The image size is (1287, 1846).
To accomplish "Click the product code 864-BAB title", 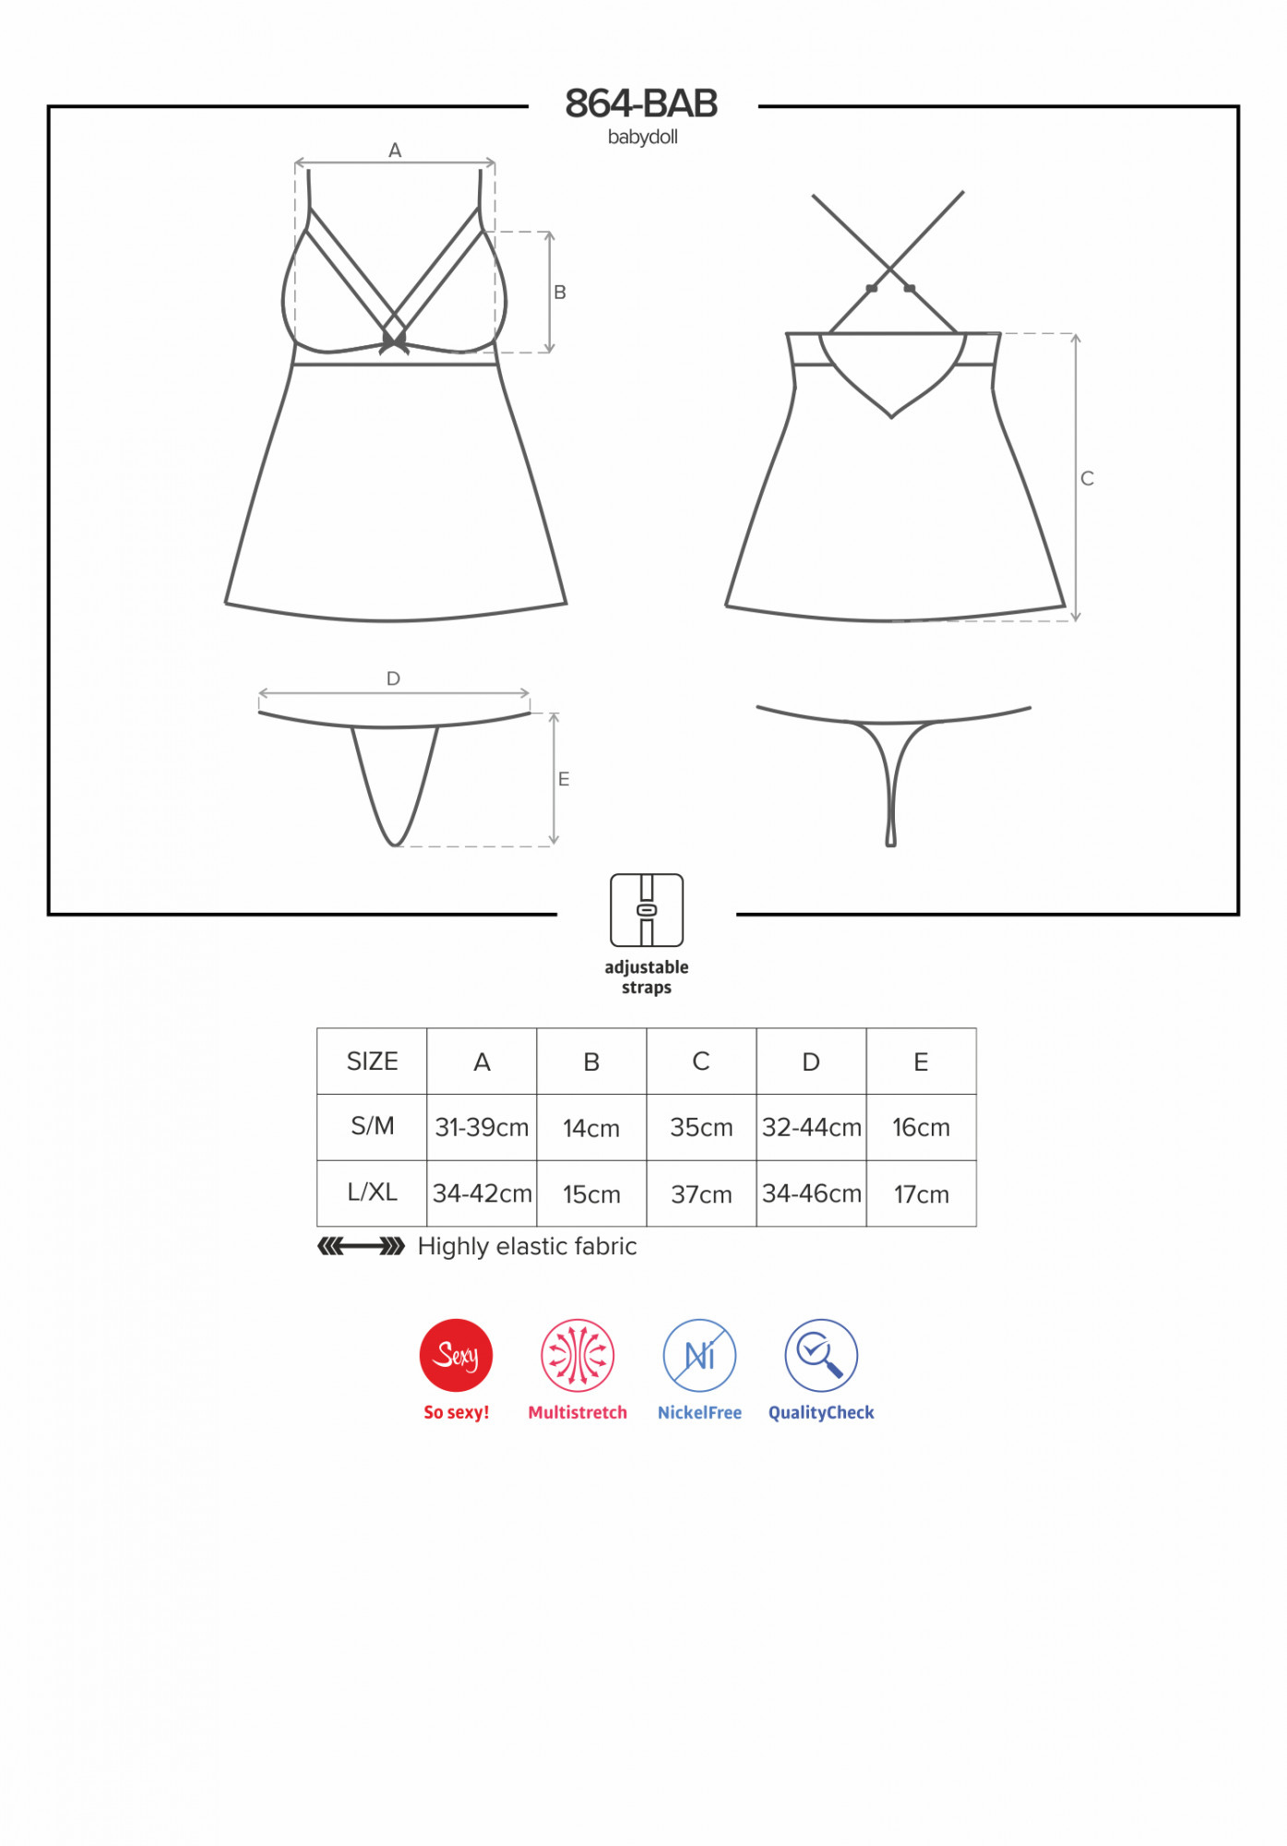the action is (x=641, y=103).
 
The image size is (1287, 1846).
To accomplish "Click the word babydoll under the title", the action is (x=643, y=138).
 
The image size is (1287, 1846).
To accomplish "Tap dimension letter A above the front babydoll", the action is (x=395, y=150).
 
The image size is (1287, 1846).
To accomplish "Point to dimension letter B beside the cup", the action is (x=560, y=293).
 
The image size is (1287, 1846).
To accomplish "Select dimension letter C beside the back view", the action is (x=1088, y=478).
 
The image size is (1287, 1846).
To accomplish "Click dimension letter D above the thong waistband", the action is (x=393, y=678).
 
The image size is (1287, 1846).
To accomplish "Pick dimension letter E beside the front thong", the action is (x=564, y=779).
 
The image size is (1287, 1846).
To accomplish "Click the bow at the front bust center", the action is (x=394, y=342).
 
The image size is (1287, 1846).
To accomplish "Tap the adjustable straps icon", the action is (x=647, y=910).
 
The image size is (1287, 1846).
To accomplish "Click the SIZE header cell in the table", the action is (x=372, y=1061).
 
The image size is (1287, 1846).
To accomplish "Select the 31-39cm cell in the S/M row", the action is (x=482, y=1128).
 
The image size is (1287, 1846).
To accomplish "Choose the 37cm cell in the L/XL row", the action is (x=701, y=1194).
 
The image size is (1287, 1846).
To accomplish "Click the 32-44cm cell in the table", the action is (x=812, y=1128).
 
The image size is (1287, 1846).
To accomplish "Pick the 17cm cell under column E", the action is (x=922, y=1194).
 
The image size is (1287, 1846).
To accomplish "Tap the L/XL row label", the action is (x=372, y=1193).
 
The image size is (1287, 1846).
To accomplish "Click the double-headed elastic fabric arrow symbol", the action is (x=361, y=1247).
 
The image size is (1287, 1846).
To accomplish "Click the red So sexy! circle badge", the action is (x=456, y=1355).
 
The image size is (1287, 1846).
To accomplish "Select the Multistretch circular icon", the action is (x=578, y=1355).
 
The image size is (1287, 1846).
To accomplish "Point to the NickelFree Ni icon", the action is (x=699, y=1355).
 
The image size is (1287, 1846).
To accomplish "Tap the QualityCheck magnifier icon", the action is (x=821, y=1355).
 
